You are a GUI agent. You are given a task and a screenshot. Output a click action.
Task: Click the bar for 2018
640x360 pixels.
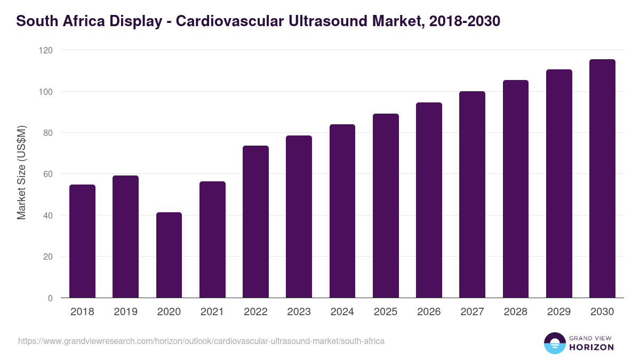click(x=82, y=241)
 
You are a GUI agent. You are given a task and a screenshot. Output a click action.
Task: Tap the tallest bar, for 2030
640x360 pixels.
click(x=602, y=179)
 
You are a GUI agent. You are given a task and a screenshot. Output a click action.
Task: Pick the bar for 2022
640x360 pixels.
click(x=255, y=221)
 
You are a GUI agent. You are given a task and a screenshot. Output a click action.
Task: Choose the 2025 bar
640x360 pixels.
click(x=386, y=205)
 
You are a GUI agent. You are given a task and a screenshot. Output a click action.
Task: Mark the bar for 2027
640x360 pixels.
click(x=472, y=195)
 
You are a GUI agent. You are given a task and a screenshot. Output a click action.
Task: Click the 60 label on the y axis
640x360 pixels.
click(x=48, y=174)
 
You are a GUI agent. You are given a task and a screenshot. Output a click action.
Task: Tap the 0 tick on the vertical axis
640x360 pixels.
click(x=50, y=298)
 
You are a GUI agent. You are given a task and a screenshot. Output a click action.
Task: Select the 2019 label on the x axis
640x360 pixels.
click(x=125, y=312)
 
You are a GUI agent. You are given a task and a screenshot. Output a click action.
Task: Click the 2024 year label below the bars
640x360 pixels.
click(x=342, y=312)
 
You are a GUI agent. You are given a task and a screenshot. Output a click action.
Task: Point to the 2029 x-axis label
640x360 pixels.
click(x=559, y=312)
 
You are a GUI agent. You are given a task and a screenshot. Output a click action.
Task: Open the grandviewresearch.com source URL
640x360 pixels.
click(x=201, y=341)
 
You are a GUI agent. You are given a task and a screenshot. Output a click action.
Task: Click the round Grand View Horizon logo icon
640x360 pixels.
click(x=554, y=343)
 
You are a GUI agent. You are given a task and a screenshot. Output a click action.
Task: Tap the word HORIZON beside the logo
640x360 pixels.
click(x=591, y=347)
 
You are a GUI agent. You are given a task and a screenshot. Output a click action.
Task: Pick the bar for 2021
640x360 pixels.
click(x=212, y=239)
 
